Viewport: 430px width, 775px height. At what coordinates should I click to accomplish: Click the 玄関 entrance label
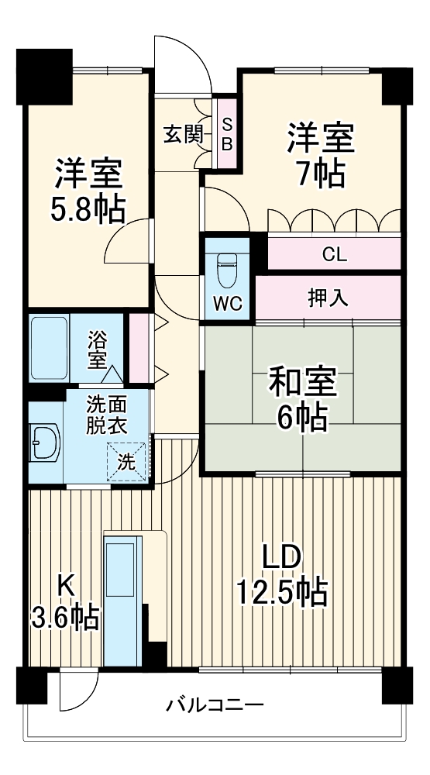183,134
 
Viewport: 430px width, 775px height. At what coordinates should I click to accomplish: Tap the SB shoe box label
227,133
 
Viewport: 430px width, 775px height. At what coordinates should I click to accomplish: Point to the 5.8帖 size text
88,208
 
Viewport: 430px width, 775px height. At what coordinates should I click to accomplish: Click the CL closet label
335,254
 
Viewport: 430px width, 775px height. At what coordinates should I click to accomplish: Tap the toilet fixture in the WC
227,270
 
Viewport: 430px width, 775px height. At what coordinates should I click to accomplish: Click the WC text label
227,305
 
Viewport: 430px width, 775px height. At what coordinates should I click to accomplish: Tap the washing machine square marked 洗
126,461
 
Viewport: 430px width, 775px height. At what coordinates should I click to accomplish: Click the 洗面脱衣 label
105,414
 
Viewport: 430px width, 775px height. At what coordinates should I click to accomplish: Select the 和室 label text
302,381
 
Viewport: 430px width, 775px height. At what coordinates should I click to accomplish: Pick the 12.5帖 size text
280,593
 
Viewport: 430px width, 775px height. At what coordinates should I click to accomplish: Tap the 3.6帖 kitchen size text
66,616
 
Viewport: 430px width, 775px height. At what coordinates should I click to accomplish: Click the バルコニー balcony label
215,705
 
